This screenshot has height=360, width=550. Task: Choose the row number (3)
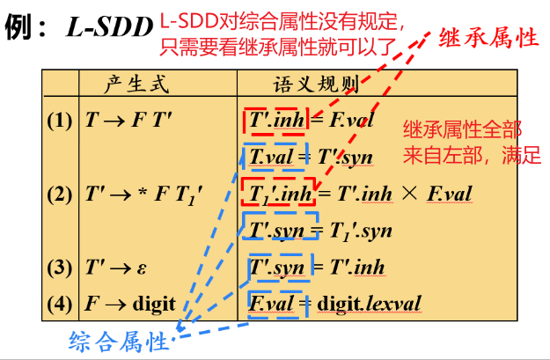(60, 266)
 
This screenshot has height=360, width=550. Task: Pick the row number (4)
(60, 304)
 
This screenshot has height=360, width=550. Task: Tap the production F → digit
(129, 304)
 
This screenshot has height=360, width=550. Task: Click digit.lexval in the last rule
(369, 305)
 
